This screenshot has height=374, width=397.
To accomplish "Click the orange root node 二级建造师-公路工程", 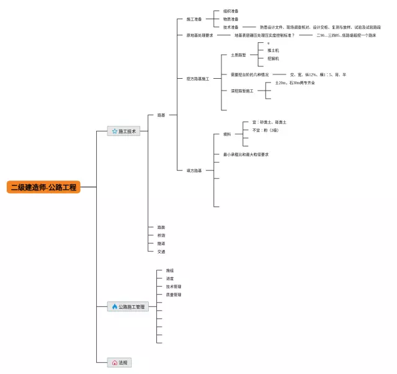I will pyautogui.click(x=43, y=187).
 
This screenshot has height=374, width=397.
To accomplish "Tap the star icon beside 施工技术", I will pyautogui.click(x=114, y=131).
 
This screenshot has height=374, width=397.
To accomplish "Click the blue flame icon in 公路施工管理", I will pyautogui.click(x=114, y=306).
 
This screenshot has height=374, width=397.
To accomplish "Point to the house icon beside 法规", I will pyautogui.click(x=114, y=362).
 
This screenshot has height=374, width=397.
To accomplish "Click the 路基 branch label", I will pyautogui.click(x=161, y=115).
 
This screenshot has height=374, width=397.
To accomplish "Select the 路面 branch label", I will pyautogui.click(x=161, y=228).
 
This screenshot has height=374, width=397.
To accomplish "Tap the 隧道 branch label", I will pyautogui.click(x=161, y=244).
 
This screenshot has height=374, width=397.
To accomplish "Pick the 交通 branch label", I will pyautogui.click(x=161, y=252).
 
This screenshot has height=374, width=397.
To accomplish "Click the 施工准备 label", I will pyautogui.click(x=194, y=19).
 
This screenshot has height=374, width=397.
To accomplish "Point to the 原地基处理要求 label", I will pyautogui.click(x=199, y=35).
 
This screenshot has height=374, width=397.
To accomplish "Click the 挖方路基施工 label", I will pyautogui.click(x=197, y=79).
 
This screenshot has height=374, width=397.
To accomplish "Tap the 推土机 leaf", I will pyautogui.click(x=273, y=50).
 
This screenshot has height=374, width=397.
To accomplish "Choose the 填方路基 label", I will pyautogui.click(x=194, y=170).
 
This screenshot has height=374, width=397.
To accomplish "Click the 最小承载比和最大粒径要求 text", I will pyautogui.click(x=246, y=154).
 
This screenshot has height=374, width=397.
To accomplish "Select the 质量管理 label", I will pyautogui.click(x=173, y=295).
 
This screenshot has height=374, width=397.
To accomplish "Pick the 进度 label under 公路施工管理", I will pyautogui.click(x=169, y=278).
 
